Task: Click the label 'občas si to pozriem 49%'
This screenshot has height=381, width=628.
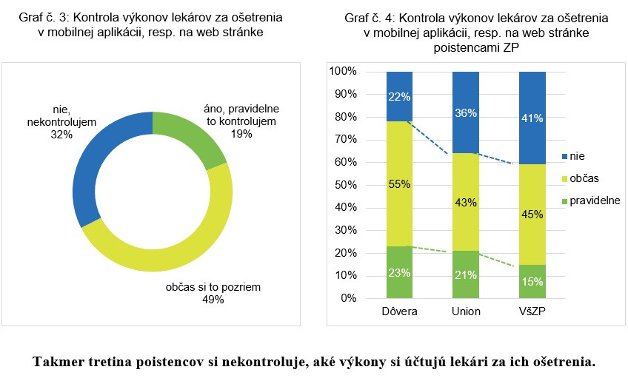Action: (213, 293)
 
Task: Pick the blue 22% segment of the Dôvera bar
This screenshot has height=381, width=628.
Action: (399, 96)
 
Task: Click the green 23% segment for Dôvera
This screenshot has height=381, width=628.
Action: (399, 272)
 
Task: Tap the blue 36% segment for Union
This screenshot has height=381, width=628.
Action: (466, 112)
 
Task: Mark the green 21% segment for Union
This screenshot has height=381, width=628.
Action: (466, 274)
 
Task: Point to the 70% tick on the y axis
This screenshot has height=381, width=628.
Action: (344, 140)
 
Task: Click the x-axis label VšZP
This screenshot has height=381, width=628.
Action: (532, 311)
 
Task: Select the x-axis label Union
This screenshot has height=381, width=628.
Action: (466, 311)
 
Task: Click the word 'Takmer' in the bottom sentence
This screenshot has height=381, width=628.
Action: (56, 363)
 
